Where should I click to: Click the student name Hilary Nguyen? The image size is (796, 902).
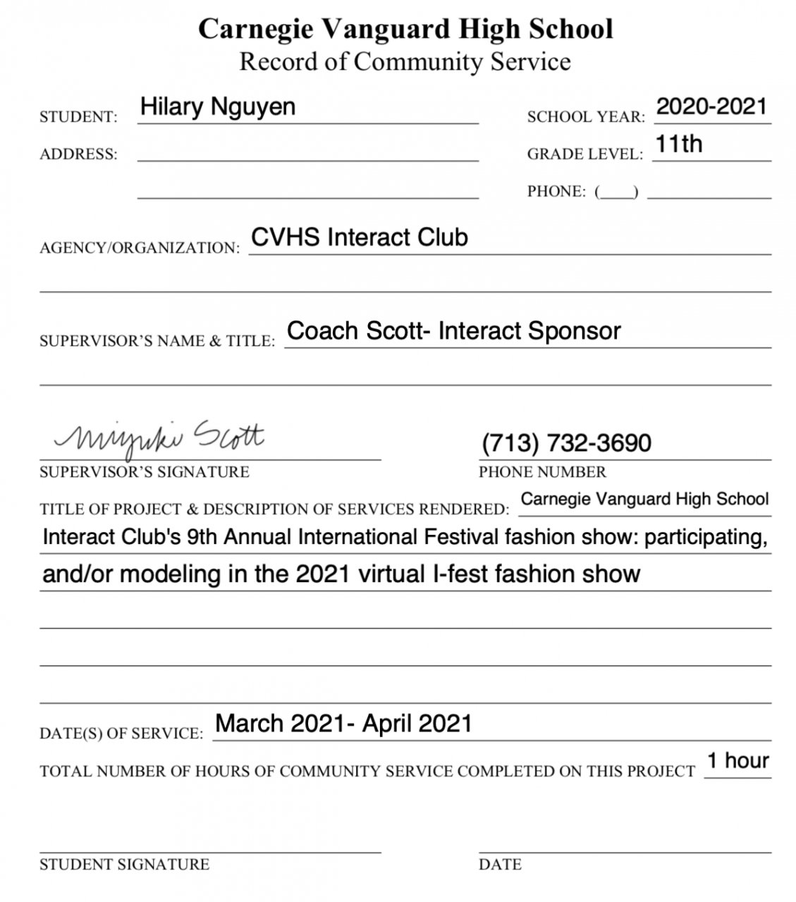pos(217,107)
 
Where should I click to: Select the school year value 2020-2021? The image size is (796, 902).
pos(711,107)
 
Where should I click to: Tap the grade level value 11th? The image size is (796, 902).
pos(678,144)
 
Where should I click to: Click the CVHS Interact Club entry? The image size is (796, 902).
pos(360,237)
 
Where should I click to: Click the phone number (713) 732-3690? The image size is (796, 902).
pos(566,443)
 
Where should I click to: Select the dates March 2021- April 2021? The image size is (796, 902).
pos(343,724)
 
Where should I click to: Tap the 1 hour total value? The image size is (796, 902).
pos(737,761)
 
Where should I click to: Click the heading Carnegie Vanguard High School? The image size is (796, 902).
pos(405,29)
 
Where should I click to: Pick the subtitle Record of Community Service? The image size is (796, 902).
pos(405,62)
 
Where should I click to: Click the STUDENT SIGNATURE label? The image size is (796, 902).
pos(124,865)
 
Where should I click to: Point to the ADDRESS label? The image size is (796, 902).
pos(78,154)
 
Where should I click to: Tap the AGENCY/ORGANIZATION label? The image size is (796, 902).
pos(140,248)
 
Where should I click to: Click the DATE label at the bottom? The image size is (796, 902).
pos(500,865)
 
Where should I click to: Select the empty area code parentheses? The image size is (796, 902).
pos(617,192)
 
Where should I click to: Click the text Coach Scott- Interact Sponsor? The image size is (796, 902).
pos(454,331)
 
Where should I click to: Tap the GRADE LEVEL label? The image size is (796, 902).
pos(584,154)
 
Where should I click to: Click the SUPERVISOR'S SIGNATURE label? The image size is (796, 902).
pos(144,472)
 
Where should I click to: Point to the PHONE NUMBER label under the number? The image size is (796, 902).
pos(542,472)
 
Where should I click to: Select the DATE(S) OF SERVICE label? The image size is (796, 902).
pos(121,734)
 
